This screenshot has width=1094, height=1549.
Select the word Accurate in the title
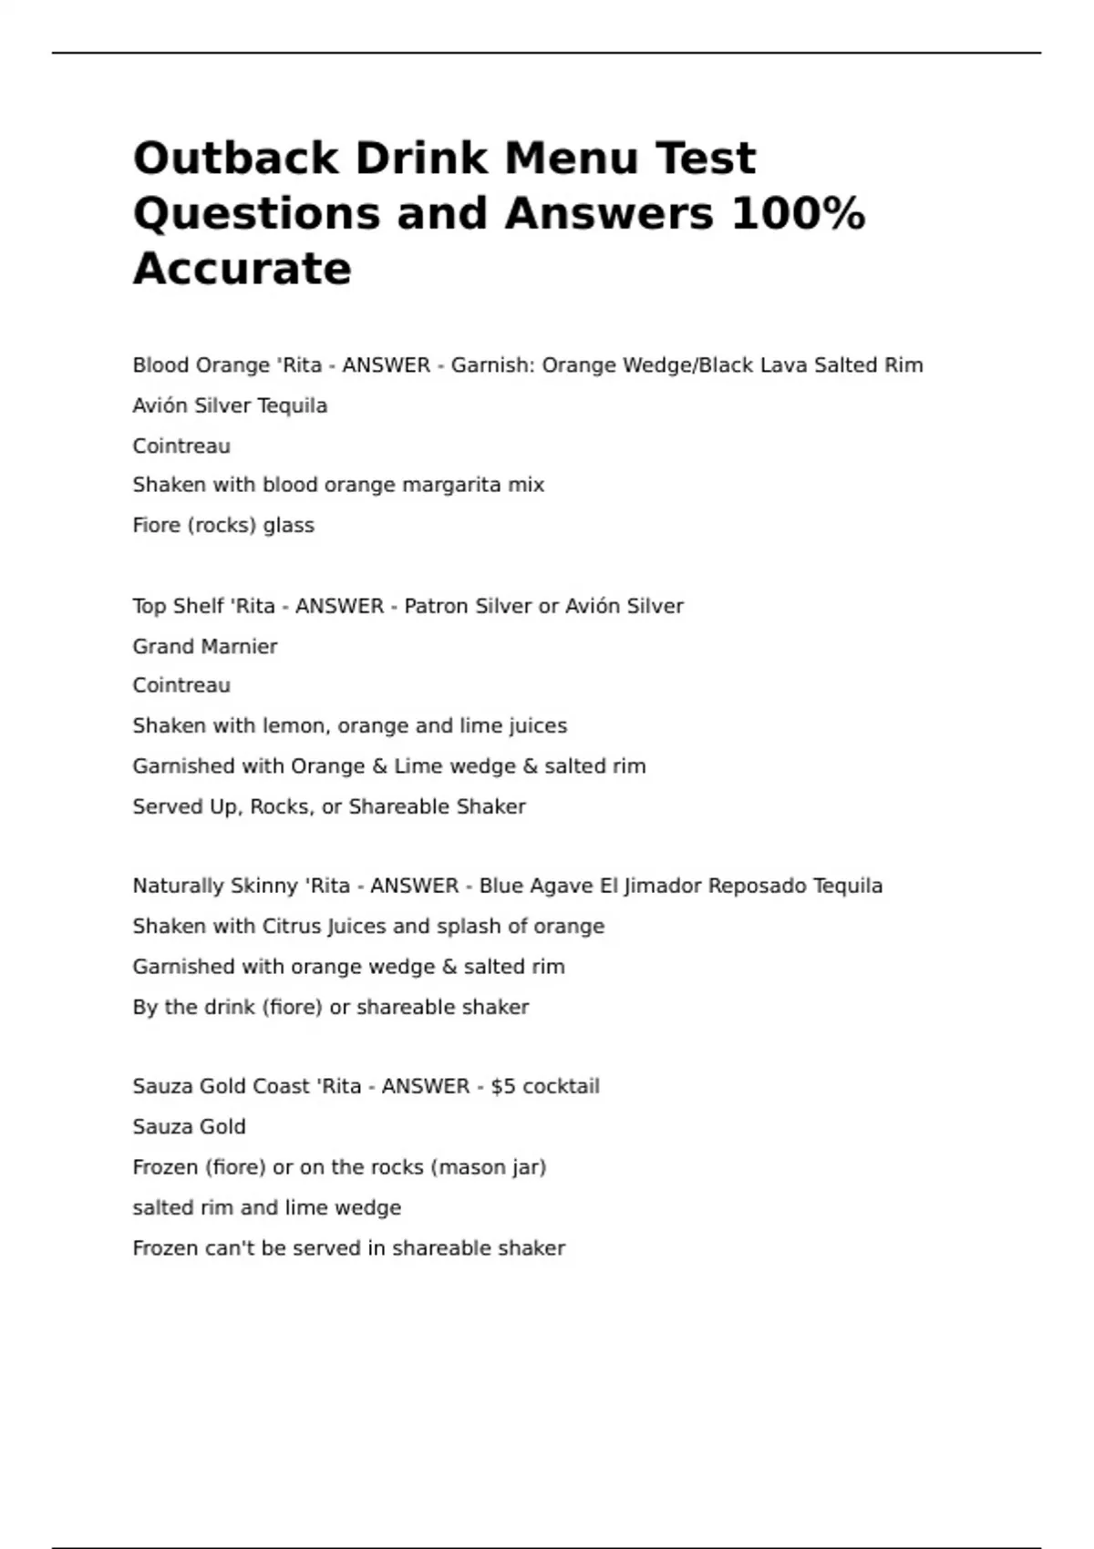242,269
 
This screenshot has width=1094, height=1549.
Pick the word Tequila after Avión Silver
292,405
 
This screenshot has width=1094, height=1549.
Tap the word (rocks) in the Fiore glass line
222,526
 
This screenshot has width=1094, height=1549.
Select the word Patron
435,606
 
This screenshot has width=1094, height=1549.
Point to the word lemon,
296,726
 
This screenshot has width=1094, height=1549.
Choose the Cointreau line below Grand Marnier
181,685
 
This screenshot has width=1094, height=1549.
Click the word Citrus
289,927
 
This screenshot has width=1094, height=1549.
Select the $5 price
503,1086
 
